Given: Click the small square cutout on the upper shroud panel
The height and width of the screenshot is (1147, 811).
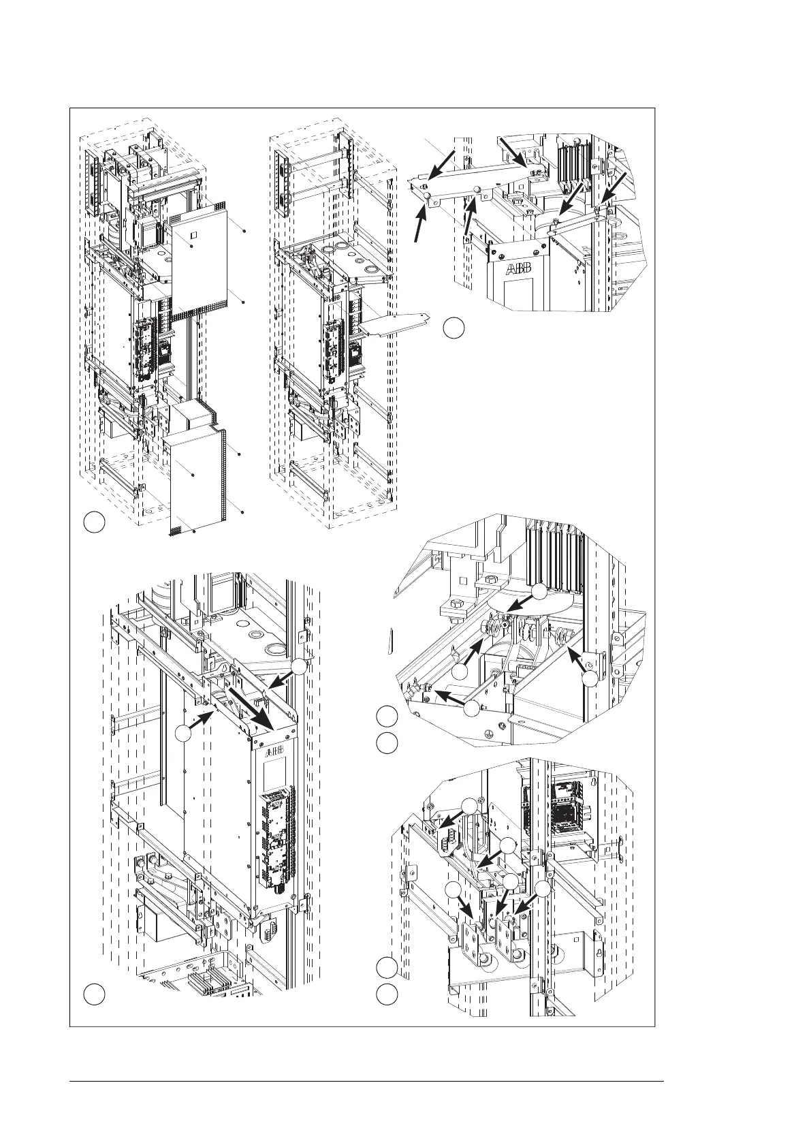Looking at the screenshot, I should pos(193,236).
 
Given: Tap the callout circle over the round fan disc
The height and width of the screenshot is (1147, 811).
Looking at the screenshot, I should pos(539,593).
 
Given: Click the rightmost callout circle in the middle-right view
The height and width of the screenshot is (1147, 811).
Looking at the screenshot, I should pos(592,678).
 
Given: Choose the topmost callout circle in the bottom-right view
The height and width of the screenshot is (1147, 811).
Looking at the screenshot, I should pos(468,806).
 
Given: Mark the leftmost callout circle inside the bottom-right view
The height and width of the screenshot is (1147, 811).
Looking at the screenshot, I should pos(452,890).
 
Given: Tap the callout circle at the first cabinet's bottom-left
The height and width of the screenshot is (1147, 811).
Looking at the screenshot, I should pos(95,523).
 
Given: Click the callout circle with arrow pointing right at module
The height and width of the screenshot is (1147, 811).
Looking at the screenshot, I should pos(183,734).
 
